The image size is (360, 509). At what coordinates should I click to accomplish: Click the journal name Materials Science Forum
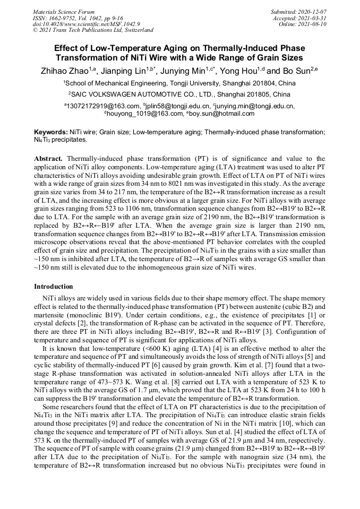[x=64, y=12]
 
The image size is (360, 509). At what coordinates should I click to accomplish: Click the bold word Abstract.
[x=49, y=159]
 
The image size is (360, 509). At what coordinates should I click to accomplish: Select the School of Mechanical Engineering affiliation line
[x=179, y=84]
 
